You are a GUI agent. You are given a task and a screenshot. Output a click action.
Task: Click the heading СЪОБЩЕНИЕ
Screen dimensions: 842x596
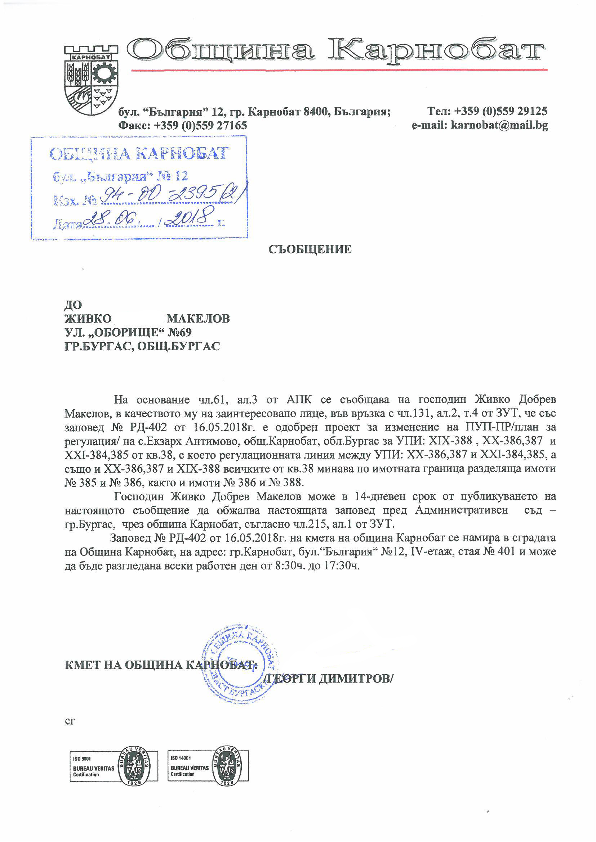click(x=310, y=249)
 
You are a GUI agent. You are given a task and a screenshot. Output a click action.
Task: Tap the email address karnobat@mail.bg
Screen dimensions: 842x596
click(x=499, y=125)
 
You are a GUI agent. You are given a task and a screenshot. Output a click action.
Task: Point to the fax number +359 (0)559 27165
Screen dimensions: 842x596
click(x=200, y=125)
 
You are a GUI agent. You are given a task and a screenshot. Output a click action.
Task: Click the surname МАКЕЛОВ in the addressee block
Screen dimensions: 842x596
click(x=198, y=318)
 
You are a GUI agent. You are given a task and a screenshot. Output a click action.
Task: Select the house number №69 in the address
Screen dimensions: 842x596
click(x=179, y=332)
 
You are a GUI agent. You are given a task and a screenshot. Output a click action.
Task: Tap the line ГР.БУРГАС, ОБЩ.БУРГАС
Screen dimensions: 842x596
click(x=142, y=346)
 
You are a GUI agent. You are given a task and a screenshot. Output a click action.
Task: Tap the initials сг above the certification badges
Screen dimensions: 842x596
click(x=70, y=721)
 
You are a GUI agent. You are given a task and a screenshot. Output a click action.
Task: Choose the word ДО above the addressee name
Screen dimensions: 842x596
click(x=73, y=305)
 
